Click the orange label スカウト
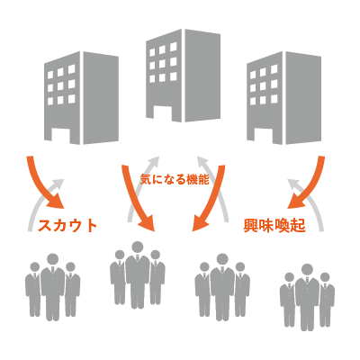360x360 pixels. pyautogui.click(x=67, y=226)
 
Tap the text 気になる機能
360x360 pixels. pyautogui.click(x=175, y=179)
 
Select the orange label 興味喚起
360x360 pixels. pyautogui.click(x=274, y=226)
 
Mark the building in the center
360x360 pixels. pyautogui.click(x=183, y=76)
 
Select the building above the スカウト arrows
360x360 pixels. pyautogui.click(x=81, y=98)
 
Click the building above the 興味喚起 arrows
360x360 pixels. pyautogui.click(x=283, y=98)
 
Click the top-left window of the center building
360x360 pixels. pyautogui.click(x=152, y=52)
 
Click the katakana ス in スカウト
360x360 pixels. pyautogui.click(x=45, y=226)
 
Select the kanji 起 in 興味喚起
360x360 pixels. pyautogui.click(x=299, y=226)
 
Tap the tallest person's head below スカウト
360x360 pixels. pyautogui.click(x=53, y=259)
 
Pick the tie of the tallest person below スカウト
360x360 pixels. pyautogui.click(x=53, y=271)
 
